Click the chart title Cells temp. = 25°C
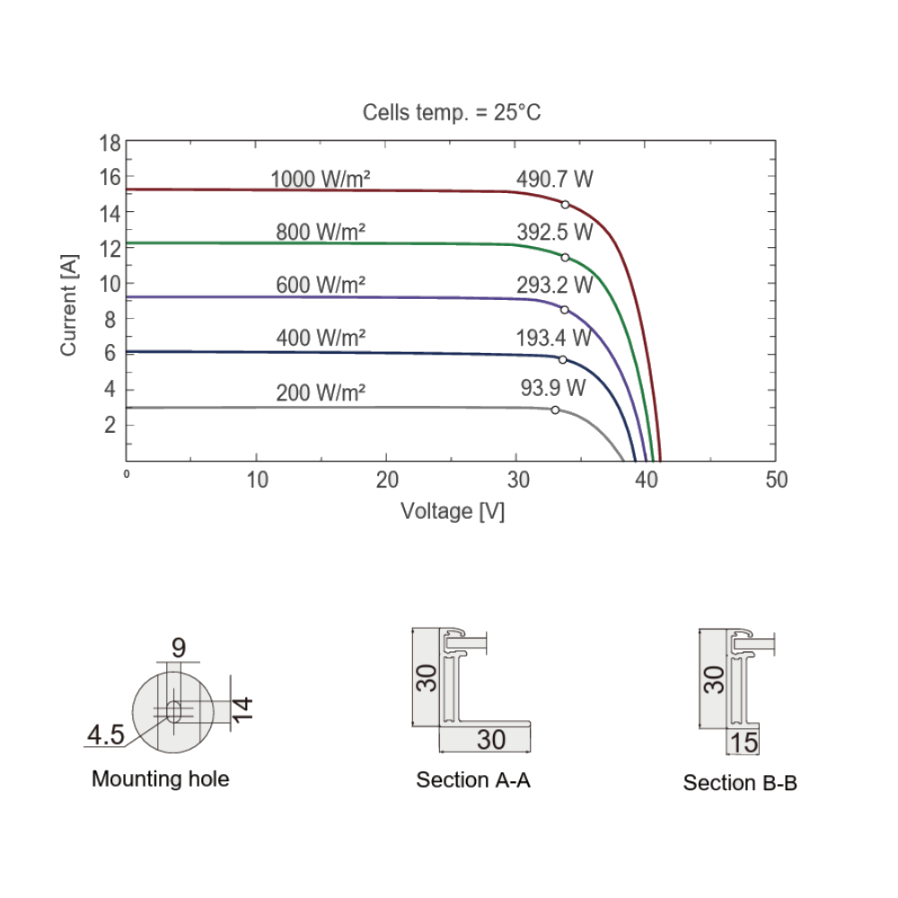452,112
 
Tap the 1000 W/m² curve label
321,180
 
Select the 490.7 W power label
554,180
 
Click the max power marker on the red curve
565,205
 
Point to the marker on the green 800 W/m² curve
565,258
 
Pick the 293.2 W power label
554,285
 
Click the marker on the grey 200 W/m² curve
555,410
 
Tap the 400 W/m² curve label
321,338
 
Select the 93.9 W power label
552,388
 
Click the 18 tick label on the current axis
110,143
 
